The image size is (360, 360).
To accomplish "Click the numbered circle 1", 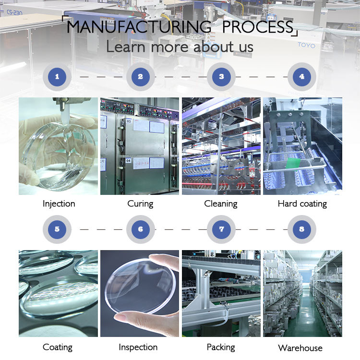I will (x=58, y=76).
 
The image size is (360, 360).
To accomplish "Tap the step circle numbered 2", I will (x=140, y=76).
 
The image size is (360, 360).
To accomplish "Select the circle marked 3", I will (x=221, y=76).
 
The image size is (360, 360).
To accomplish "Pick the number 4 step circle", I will (x=301, y=76).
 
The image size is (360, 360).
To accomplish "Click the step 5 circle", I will (x=58, y=229).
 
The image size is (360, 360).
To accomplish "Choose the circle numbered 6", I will (x=140, y=229).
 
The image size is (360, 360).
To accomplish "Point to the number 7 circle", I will (x=221, y=229).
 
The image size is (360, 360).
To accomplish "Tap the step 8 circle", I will (x=301, y=229).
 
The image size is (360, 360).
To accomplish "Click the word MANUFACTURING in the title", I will (x=139, y=26).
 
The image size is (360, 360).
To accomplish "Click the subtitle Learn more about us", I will (x=180, y=47).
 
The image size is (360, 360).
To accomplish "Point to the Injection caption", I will (x=59, y=204).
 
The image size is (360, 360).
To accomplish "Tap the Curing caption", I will (x=140, y=204).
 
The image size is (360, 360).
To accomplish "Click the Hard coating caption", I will (x=302, y=204).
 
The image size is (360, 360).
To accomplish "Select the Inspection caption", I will (x=138, y=347).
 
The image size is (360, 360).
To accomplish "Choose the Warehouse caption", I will (x=300, y=348).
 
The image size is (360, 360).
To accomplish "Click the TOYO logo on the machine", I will (x=307, y=46).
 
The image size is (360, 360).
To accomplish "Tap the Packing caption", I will (x=221, y=347).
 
